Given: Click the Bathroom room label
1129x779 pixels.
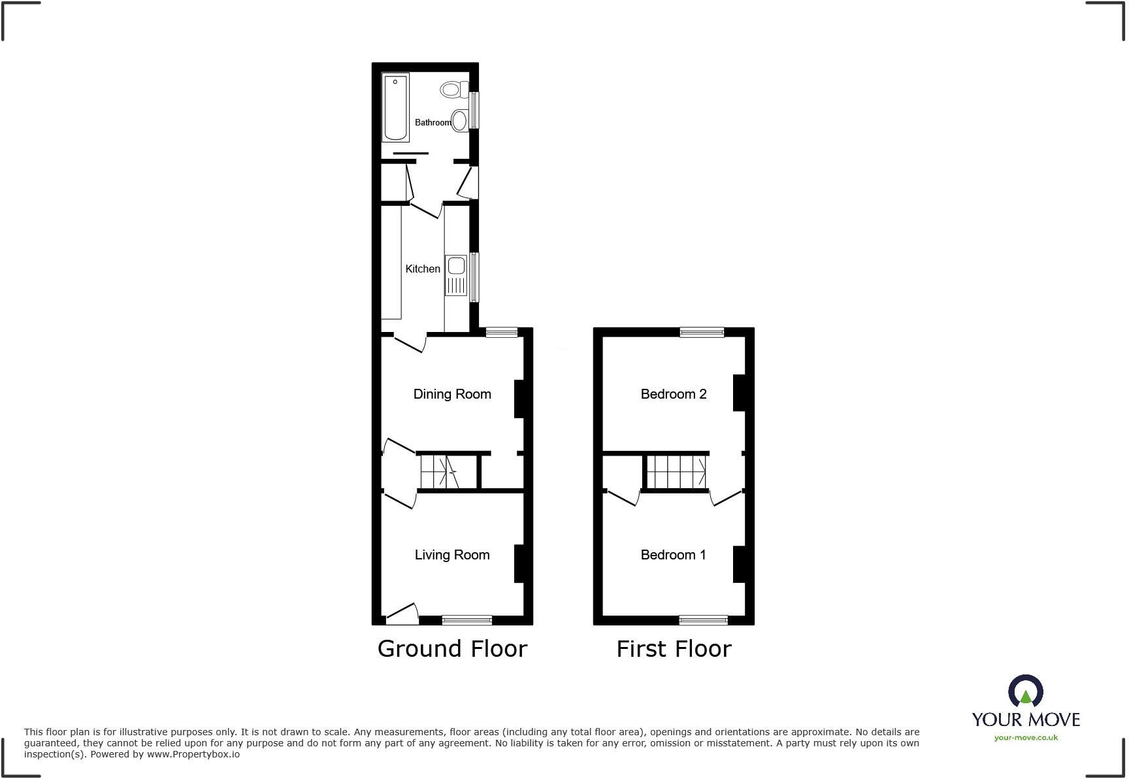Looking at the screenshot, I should tap(433, 122).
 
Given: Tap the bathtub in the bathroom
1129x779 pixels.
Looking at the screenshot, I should tap(395, 108).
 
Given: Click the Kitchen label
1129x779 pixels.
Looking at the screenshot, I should tap(423, 269).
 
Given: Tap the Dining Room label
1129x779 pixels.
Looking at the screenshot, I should tap(452, 394).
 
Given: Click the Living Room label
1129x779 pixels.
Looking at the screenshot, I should tap(452, 555).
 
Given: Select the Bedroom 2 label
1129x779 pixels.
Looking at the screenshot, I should tap(674, 394).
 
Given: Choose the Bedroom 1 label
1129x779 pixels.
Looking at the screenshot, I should tap(674, 555).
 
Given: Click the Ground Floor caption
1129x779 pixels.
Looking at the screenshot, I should tap(452, 649).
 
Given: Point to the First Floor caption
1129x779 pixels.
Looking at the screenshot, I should tap(674, 649).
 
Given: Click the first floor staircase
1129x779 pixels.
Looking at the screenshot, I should tap(676, 472).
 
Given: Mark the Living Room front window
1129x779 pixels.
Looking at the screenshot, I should tap(467, 620).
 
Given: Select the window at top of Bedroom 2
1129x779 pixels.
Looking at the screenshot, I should tap(702, 332).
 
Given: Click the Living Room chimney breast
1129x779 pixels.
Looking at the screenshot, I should tap(520, 563).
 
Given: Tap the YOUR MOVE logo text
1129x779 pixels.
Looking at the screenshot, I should tap(1026, 720).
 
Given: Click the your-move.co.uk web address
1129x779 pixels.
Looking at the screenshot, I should tap(1026, 738).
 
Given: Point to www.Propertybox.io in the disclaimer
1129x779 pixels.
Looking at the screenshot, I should tap(193, 754).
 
